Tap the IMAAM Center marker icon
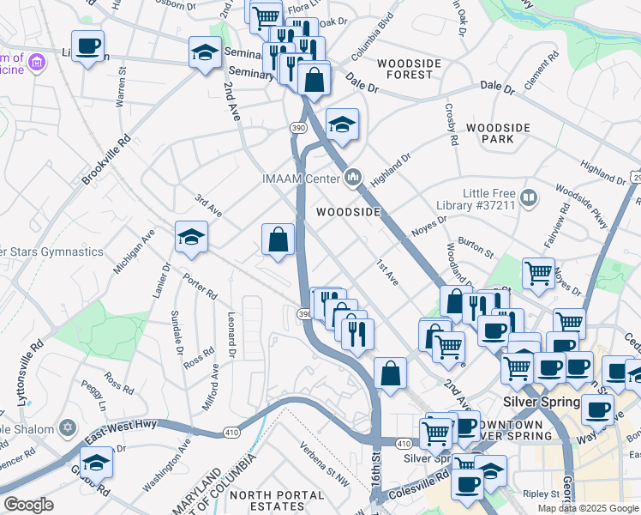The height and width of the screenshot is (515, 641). coord(353,179)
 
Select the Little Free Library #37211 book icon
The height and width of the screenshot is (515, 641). coord(529,199)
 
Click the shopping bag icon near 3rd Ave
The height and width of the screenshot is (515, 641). coord(278,239)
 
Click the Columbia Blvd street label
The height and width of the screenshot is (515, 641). coord(370,42)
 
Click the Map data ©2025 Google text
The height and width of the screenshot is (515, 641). coord(587,508)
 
